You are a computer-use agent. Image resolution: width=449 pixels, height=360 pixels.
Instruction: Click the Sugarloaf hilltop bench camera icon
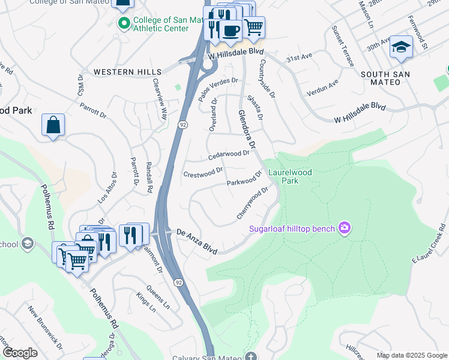point(344,227)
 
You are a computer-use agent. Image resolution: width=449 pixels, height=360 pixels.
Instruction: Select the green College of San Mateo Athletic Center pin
point(124,23)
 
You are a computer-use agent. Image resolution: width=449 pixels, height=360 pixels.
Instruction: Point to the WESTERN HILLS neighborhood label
point(119,72)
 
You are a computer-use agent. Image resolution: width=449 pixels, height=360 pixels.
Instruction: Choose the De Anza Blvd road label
point(196,241)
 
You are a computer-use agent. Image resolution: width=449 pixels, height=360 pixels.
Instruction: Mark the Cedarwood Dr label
point(229,155)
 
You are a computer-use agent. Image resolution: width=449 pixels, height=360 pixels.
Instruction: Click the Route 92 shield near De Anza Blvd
point(178,281)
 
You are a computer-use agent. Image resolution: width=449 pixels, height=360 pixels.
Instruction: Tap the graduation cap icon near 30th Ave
point(401,47)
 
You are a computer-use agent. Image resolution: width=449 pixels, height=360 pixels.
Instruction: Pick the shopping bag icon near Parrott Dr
point(53,125)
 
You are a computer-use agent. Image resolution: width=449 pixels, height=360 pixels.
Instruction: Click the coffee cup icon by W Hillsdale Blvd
point(230,29)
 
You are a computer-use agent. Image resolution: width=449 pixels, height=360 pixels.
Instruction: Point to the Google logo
point(20,353)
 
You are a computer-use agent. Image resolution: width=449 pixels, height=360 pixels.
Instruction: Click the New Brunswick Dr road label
point(46,327)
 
